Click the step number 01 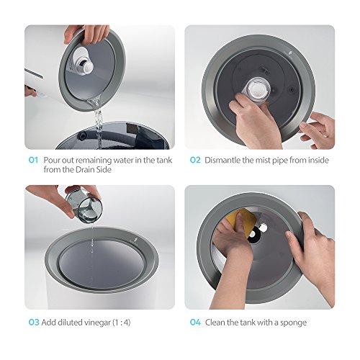click(33, 160)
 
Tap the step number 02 click(195, 160)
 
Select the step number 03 click(34, 323)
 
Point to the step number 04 click(195, 323)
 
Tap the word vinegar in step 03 click(97, 323)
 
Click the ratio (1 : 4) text click(122, 323)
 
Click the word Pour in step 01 click(52, 160)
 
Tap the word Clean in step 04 click(215, 323)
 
